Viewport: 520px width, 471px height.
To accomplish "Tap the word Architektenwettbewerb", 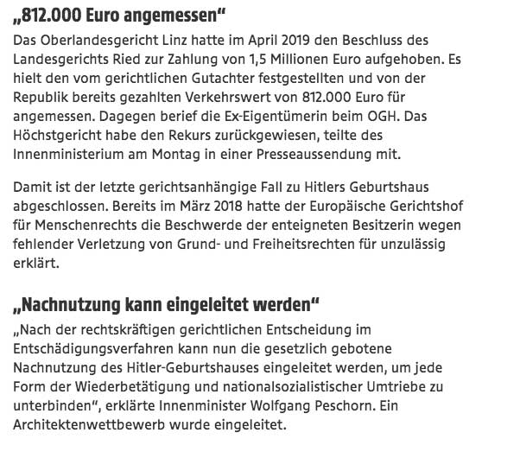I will tap(96, 423).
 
